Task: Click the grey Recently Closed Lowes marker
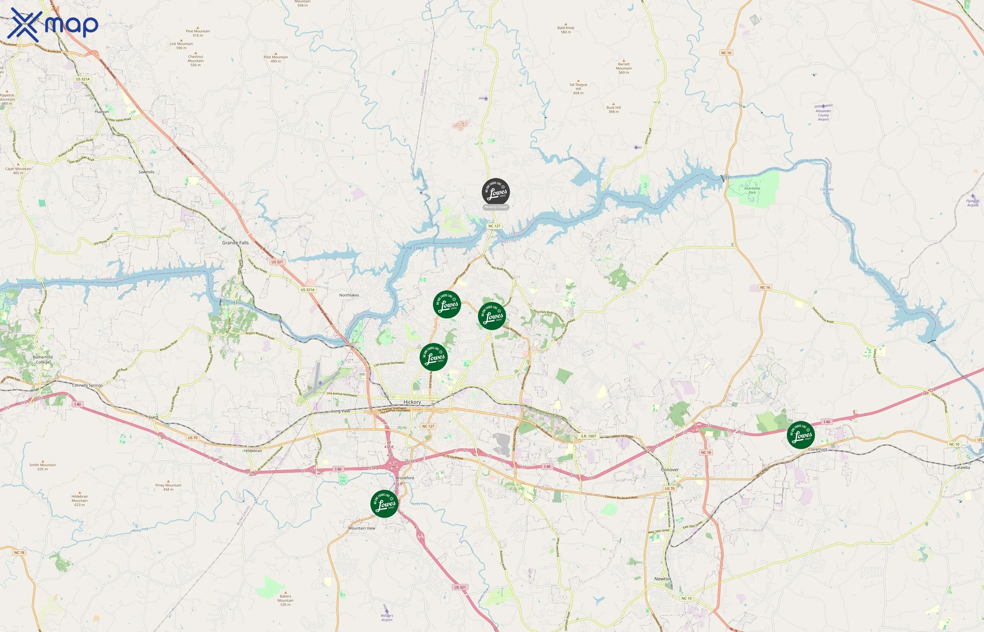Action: tap(496, 192)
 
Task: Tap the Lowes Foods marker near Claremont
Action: tap(801, 435)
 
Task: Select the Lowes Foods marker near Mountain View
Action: tap(384, 503)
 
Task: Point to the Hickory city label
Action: tap(412, 402)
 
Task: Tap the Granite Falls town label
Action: tap(235, 243)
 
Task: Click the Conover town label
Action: tap(670, 469)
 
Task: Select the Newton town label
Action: tap(662, 579)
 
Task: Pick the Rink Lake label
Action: tap(413, 248)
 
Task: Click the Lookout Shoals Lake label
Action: tap(899, 301)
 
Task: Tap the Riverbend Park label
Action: tap(752, 190)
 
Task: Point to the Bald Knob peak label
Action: tap(565, 30)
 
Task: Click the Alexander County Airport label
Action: tap(823, 115)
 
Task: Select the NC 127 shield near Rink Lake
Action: tap(494, 226)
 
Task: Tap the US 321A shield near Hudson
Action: tap(83, 79)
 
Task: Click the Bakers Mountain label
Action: tap(285, 600)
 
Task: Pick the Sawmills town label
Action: tap(146, 172)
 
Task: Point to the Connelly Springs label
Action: tap(88, 386)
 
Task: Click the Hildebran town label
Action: tap(253, 450)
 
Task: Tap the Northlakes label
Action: tap(349, 295)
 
